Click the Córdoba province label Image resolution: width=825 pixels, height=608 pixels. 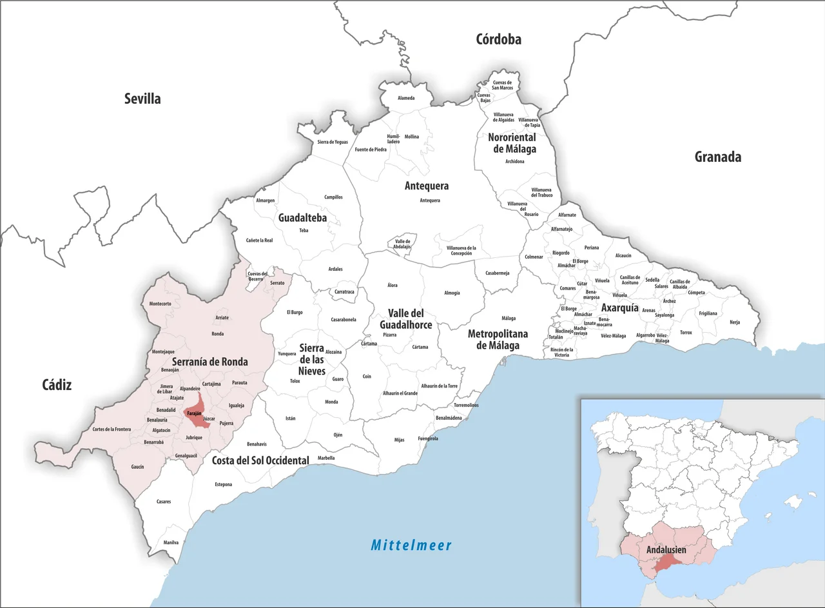[498, 39]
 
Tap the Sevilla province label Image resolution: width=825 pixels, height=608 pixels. [142, 99]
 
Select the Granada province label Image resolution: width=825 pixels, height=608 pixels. [717, 157]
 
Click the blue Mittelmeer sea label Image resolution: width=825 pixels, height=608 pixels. [411, 545]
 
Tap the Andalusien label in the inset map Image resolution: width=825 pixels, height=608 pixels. [666, 550]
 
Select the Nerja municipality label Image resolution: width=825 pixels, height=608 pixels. [735, 322]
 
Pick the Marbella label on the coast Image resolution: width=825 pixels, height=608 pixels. [326, 458]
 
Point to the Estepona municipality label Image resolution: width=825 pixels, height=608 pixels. [224, 484]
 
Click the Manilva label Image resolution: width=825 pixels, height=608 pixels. [171, 542]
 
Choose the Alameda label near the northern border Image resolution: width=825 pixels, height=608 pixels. [406, 98]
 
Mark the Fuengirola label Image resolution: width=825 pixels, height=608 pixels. [428, 438]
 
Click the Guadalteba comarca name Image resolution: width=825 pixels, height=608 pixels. [302, 218]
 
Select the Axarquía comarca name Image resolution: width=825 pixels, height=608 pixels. [619, 308]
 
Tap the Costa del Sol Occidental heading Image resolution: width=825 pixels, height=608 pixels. [260, 460]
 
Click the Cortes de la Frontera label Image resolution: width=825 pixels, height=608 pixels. [112, 429]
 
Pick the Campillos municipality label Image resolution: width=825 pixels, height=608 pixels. [333, 197]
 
